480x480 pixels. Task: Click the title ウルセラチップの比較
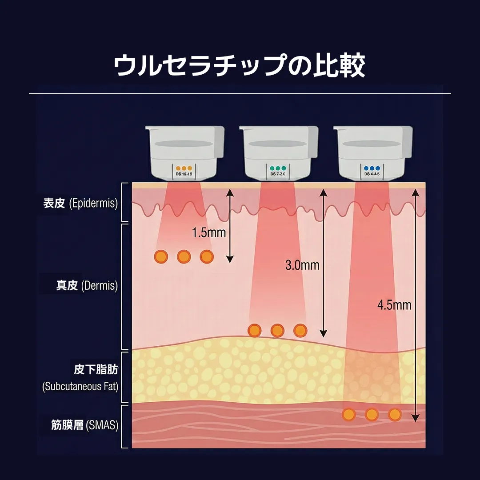pos(240,66)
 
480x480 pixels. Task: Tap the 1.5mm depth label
pos(208,232)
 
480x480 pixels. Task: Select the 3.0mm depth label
pos(302,265)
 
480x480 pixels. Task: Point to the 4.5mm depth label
pos(394,305)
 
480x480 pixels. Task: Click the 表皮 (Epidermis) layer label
pos(80,204)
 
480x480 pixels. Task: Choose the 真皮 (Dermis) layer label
pos(87,285)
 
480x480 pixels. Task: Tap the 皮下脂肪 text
pos(96,370)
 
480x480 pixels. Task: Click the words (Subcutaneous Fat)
pos(80,387)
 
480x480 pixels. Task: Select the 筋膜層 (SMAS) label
pos(84,425)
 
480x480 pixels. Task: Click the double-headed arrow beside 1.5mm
pos(229,225)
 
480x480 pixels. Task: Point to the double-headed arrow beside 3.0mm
pos(324,262)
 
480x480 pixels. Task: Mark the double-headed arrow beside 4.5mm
pos(415,305)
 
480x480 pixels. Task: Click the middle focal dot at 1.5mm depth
pos(184,256)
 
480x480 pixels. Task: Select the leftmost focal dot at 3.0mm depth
pos(254,330)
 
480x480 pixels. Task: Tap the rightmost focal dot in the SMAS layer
pos(395,415)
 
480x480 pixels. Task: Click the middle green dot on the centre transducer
pos(278,168)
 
